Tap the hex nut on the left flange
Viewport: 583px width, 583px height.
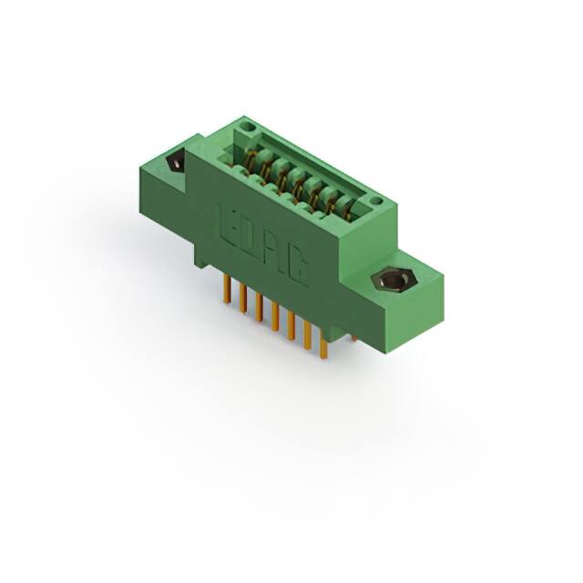point(175,164)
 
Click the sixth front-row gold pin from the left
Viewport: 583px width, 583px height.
point(306,336)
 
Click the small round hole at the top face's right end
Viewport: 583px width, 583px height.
point(375,199)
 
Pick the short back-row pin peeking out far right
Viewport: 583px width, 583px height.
point(353,338)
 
